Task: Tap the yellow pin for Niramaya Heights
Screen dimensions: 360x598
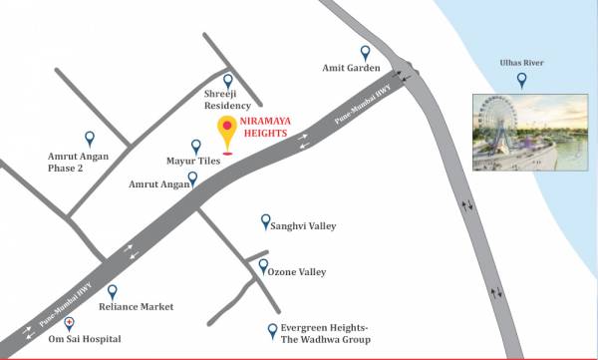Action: point(227,130)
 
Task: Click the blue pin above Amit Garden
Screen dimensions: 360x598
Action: point(365,52)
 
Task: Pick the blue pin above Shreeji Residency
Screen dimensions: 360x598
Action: point(227,81)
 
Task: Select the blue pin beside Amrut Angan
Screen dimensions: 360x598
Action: point(192,179)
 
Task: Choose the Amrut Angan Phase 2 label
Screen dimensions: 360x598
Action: point(81,162)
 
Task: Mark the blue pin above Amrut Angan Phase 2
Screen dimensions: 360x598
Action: point(90,139)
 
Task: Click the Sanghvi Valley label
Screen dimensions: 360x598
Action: point(304,226)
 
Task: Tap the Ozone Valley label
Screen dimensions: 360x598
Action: point(299,271)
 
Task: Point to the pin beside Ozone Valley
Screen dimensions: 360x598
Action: point(262,266)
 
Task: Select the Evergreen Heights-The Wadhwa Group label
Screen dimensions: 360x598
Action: point(325,334)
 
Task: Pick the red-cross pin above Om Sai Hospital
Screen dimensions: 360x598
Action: point(69,323)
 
